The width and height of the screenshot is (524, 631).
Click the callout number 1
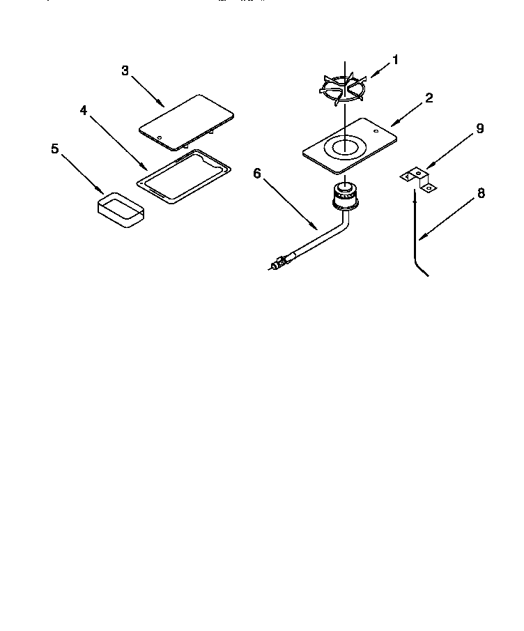coord(395,60)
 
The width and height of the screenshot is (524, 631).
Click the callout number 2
coord(429,98)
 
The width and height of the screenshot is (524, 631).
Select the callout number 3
coord(125,70)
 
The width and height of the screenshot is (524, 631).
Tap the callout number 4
coord(83,111)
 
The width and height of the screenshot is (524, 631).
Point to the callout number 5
coord(54,149)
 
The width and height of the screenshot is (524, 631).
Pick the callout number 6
coord(256,173)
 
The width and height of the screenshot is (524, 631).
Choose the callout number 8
coord(481,194)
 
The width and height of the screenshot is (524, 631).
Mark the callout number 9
coord(480,129)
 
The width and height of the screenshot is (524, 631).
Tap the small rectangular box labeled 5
coord(121,211)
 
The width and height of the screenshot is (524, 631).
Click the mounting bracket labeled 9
coord(420,179)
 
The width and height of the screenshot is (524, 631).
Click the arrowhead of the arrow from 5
coord(104,192)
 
